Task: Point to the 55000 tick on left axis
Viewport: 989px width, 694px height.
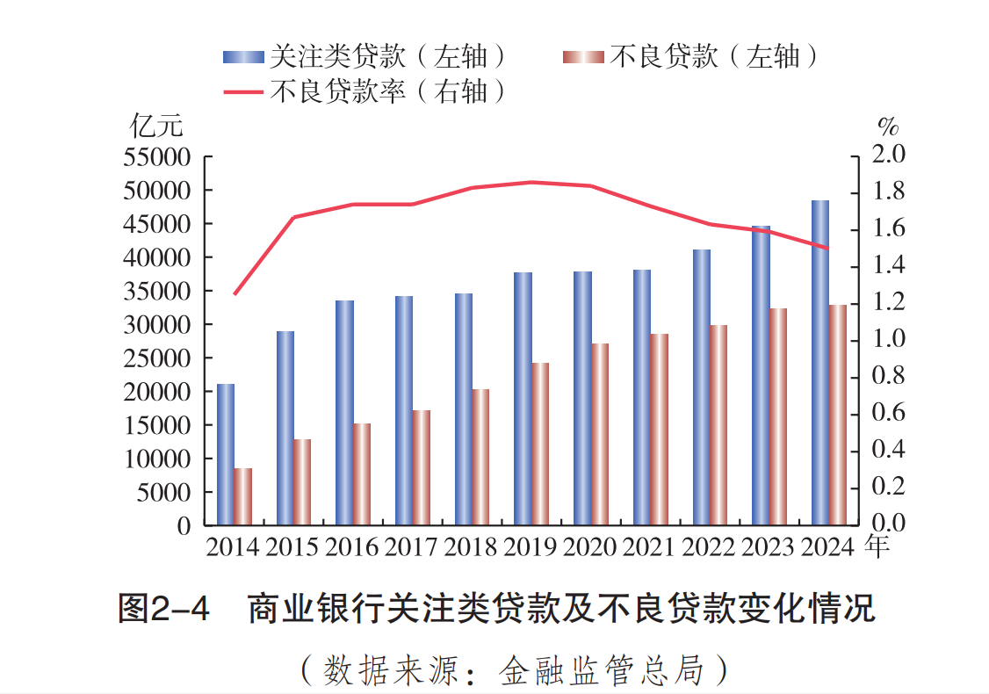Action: click(159, 157)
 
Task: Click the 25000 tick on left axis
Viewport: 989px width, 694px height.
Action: click(159, 358)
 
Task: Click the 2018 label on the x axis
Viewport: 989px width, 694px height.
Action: click(470, 547)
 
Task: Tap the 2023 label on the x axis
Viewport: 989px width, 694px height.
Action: click(768, 547)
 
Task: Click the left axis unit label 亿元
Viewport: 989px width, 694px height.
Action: click(156, 126)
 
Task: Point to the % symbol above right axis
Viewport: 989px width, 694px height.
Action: click(888, 126)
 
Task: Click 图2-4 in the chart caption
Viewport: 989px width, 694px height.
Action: click(164, 609)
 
